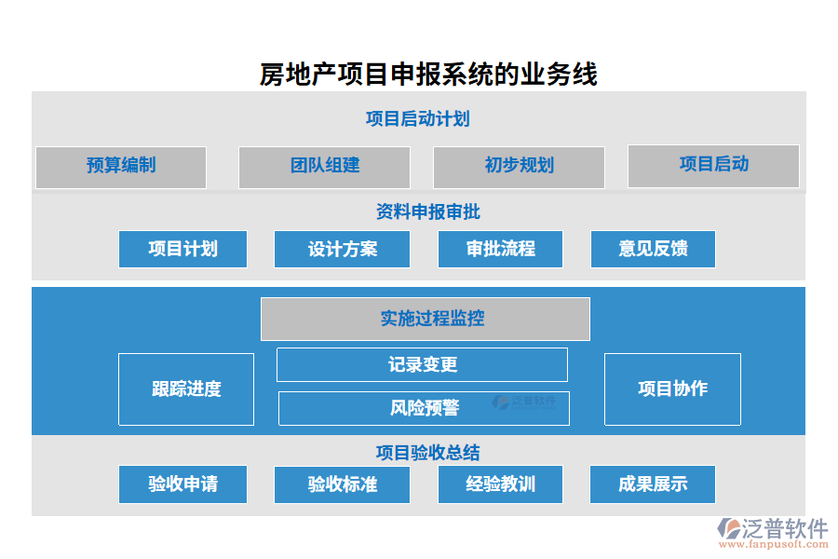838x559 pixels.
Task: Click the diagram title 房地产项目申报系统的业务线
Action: (428, 74)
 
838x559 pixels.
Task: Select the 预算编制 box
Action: (121, 167)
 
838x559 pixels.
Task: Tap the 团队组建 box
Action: (324, 167)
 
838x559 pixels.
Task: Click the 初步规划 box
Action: (519, 167)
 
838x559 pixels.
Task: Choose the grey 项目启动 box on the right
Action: (713, 165)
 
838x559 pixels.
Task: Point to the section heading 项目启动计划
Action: (417, 119)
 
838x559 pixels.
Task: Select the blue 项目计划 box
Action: (182, 249)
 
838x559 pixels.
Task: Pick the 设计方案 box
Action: (343, 249)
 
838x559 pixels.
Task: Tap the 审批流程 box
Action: (500, 249)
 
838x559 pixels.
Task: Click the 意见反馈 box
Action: (653, 249)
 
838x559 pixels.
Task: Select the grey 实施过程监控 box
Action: (425, 319)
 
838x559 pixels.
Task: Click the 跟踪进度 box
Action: (186, 389)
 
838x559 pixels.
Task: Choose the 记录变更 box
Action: (422, 364)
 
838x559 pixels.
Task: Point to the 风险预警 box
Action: (424, 408)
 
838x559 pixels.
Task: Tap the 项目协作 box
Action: (672, 389)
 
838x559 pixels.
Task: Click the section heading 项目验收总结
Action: (427, 453)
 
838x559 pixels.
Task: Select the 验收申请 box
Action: (182, 484)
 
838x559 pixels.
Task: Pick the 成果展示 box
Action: (653, 484)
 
